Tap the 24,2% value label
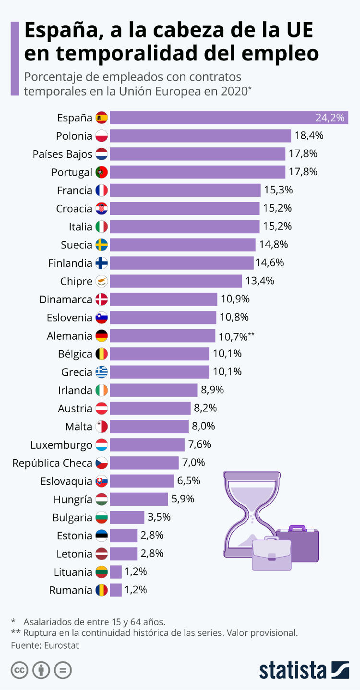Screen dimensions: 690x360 331,118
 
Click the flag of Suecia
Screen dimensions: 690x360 102,245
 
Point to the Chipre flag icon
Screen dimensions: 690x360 102,281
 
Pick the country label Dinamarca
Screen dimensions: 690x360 66,299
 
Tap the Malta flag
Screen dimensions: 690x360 102,426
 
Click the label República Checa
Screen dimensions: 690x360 52,463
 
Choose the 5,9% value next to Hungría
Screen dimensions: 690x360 183,499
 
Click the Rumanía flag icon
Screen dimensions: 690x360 102,590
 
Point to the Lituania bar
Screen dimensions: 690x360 116,572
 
